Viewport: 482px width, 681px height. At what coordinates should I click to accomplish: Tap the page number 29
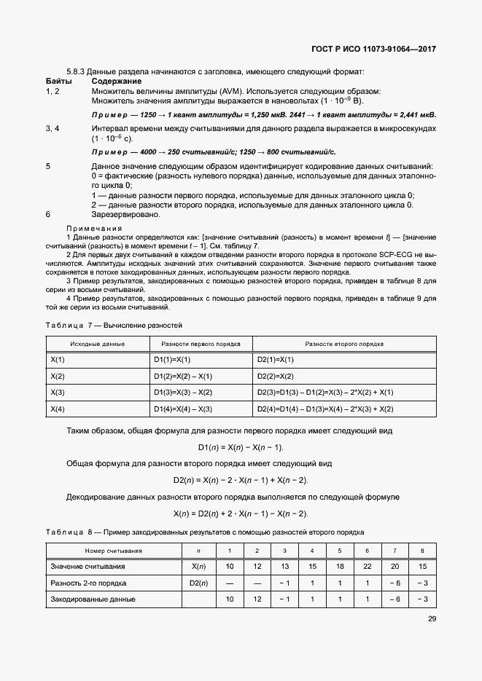pyautogui.click(x=431, y=620)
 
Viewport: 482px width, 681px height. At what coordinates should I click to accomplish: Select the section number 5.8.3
pyautogui.click(x=77, y=71)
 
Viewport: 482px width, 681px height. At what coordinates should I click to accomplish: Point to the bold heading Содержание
pyautogui.click(x=116, y=81)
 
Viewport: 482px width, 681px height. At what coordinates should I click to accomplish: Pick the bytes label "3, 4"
pyautogui.click(x=53, y=128)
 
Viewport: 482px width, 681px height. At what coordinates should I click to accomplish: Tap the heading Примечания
pyautogui.click(x=94, y=228)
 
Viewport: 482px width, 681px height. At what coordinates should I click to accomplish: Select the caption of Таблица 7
pyautogui.click(x=114, y=324)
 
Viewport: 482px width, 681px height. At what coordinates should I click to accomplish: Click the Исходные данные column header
pyautogui.click(x=97, y=344)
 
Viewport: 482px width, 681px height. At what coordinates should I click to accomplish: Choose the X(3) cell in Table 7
pyautogui.click(x=58, y=393)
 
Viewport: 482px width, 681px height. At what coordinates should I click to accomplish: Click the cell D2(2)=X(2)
pyautogui.click(x=275, y=377)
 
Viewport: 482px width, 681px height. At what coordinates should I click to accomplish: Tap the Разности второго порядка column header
pyautogui.click(x=344, y=344)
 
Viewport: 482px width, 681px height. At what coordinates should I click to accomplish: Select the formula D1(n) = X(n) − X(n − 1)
pyautogui.click(x=241, y=446)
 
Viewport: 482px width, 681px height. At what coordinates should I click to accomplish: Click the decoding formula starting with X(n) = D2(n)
pyautogui.click(x=241, y=513)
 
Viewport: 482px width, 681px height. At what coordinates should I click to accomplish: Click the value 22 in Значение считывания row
pyautogui.click(x=367, y=567)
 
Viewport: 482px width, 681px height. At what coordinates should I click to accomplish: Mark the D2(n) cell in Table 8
pyautogui.click(x=199, y=583)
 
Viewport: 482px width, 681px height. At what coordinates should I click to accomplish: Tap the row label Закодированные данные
pyautogui.click(x=93, y=599)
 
